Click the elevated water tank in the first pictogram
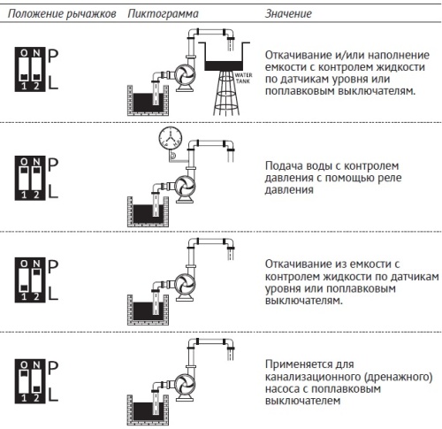tap(226, 63)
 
